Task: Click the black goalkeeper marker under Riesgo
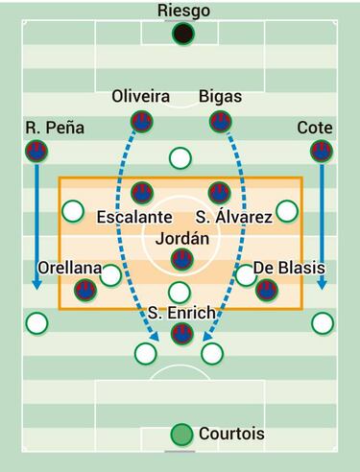coord(180,35)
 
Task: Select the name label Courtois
coord(231,435)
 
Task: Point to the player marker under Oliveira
coord(141,121)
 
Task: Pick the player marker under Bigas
coord(220,121)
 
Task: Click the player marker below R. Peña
coord(36,150)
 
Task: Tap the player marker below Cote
coord(321,150)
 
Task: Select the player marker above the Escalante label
coord(141,192)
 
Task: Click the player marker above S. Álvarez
coord(220,192)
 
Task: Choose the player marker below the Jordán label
coord(180,259)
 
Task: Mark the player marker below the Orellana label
coord(88,290)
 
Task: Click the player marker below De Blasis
coord(267,290)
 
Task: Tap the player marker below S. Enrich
coord(180,334)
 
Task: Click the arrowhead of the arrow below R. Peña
coord(36,285)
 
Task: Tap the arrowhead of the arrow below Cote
coord(321,285)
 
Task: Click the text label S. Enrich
coord(180,313)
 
